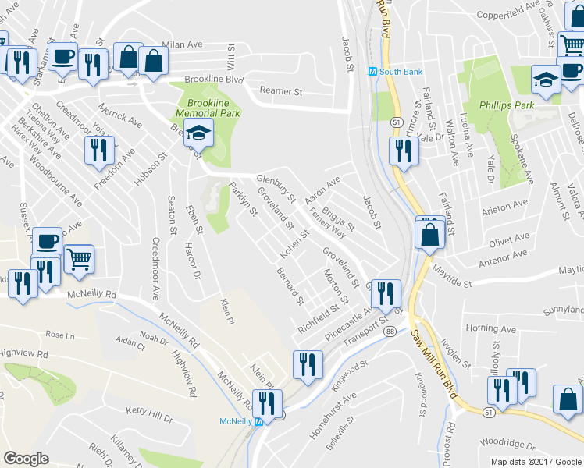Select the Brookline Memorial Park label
[x=208, y=108]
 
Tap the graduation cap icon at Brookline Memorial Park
[x=198, y=133]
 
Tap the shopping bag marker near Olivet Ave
[x=429, y=232]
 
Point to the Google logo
[x=26, y=459]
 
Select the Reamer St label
[x=281, y=91]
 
